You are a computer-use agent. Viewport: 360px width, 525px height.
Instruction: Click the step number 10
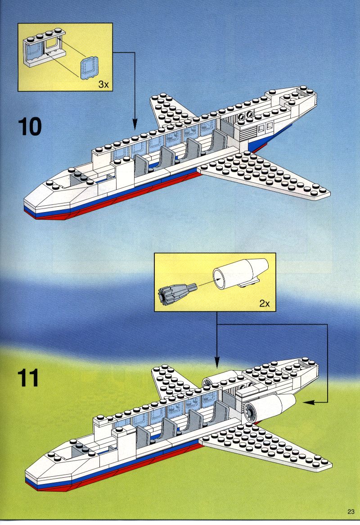pos(30,127)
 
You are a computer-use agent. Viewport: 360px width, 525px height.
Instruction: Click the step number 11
pos(28,378)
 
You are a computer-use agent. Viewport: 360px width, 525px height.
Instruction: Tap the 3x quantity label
pos(103,84)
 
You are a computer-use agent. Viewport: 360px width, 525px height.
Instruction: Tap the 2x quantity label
pos(264,303)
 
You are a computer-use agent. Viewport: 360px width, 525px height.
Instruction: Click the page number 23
pos(351,511)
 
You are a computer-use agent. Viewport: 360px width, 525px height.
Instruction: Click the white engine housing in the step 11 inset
pos(241,274)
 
